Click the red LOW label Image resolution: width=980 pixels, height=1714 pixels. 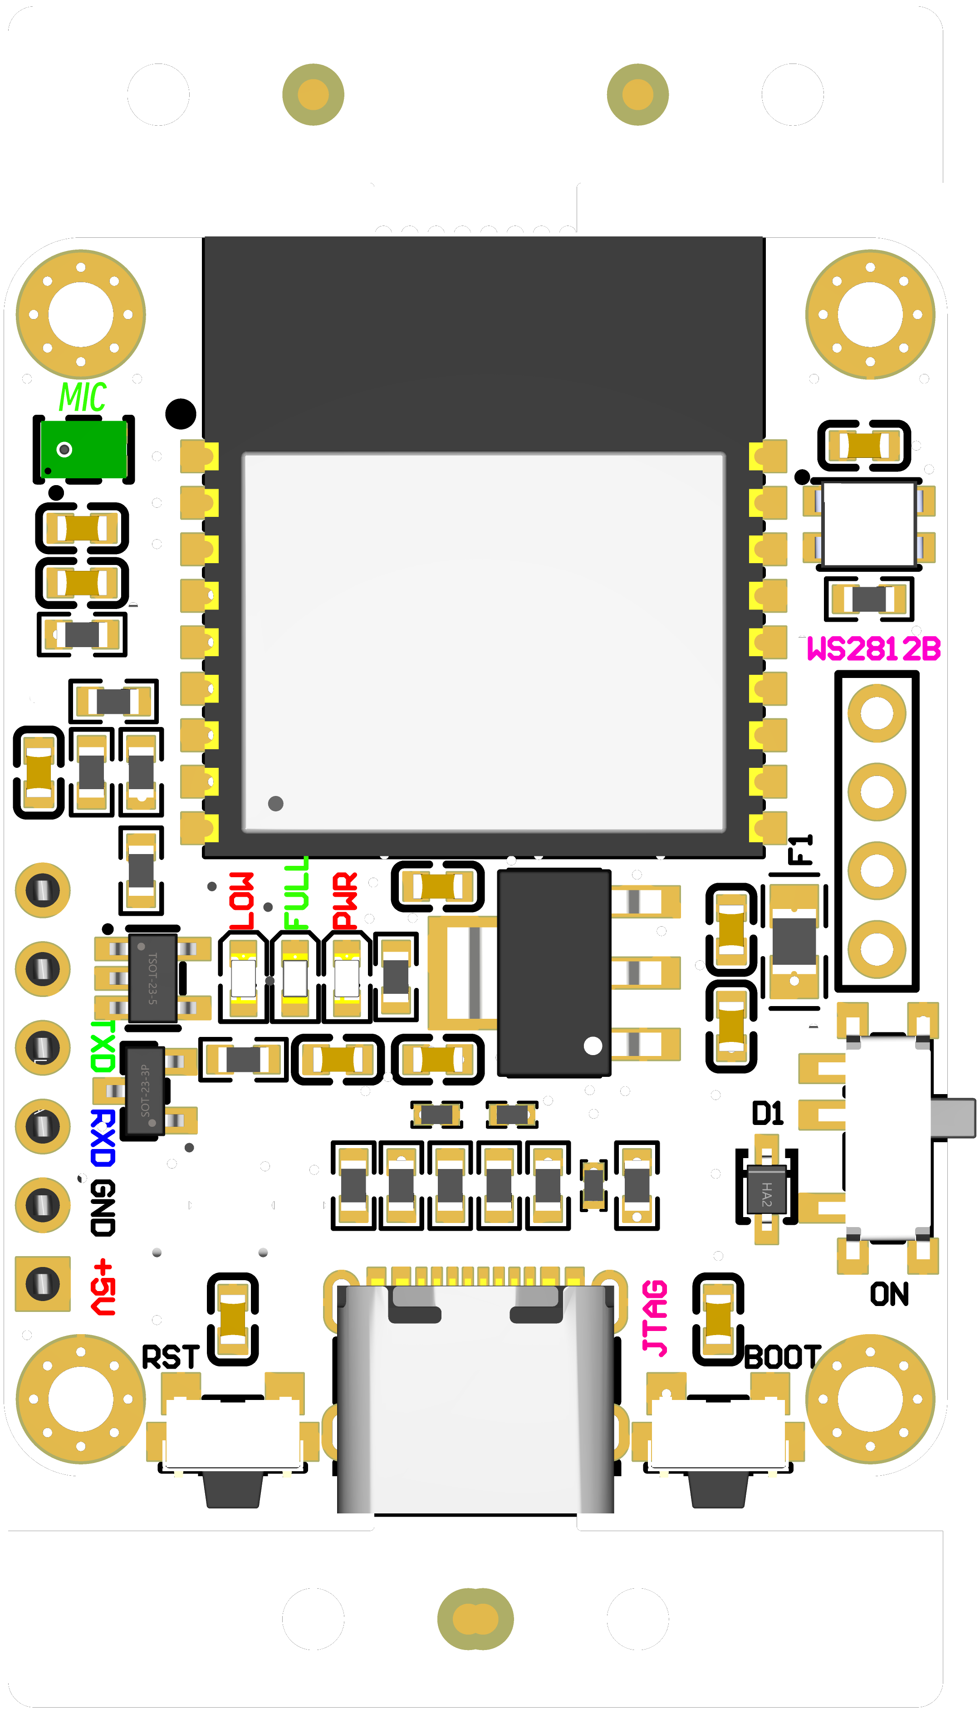click(x=242, y=901)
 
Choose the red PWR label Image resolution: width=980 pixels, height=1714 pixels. click(x=345, y=901)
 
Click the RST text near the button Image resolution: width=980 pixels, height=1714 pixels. click(x=170, y=1357)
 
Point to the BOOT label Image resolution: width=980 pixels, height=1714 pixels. click(x=782, y=1357)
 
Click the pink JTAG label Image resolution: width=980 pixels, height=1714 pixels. click(x=655, y=1317)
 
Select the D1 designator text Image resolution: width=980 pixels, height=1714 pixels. click(x=767, y=1114)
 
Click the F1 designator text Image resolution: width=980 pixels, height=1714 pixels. click(x=801, y=850)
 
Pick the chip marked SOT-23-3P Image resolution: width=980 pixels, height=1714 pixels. click(x=144, y=1090)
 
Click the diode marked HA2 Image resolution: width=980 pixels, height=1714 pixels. click(x=767, y=1189)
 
